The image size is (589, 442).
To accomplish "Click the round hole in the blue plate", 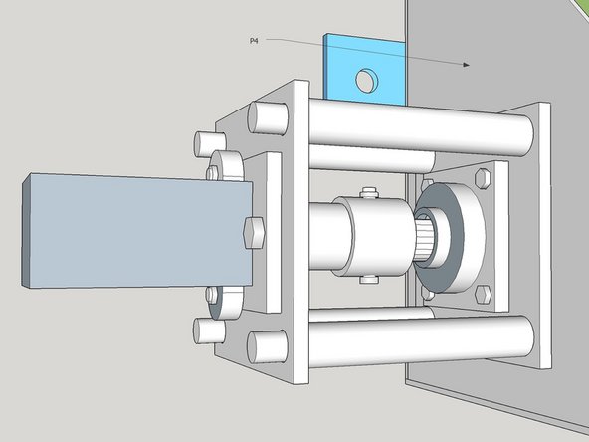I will pos(367,78).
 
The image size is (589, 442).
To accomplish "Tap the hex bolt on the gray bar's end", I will pos(252,233).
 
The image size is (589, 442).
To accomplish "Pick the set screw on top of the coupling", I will pos(370,192).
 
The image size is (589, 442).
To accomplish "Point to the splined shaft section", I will pos(423,242).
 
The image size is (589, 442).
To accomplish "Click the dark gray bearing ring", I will pos(449,238).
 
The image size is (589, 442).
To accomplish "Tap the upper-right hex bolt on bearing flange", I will pos(485,178).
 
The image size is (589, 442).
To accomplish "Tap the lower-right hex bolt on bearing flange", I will pos(483,294).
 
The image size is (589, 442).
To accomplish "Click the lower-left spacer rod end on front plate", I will pos(265,345).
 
